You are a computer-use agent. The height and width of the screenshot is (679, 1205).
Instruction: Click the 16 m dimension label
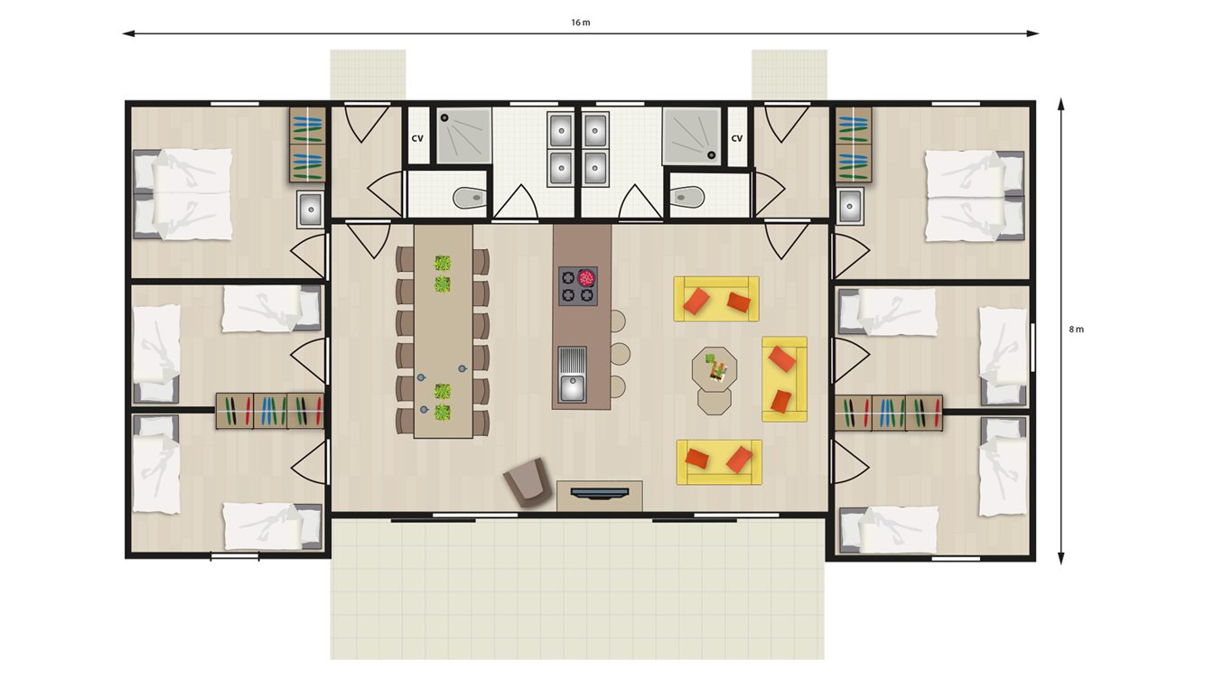tap(581, 23)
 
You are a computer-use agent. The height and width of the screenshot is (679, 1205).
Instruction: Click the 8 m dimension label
tap(1076, 329)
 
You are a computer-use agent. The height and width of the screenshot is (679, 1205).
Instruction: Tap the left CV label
tap(417, 138)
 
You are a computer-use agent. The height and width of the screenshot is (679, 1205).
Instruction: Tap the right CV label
tap(736, 138)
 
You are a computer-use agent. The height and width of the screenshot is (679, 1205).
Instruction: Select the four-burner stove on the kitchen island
tap(578, 286)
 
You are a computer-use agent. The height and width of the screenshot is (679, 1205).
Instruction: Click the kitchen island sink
tap(572, 375)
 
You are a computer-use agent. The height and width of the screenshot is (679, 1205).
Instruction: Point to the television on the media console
tap(599, 492)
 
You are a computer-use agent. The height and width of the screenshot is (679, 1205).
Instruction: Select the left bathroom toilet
tap(470, 198)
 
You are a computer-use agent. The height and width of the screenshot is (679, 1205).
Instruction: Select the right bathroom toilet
tap(687, 197)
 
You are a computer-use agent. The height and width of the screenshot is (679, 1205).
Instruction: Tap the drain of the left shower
tap(444, 116)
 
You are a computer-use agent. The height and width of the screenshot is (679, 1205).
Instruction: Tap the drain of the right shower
tap(711, 154)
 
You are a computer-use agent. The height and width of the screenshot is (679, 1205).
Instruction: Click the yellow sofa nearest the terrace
tap(719, 462)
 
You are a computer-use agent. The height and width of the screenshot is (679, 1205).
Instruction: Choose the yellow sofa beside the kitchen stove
tap(716, 299)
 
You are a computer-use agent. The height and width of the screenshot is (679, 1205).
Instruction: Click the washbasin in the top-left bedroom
tap(310, 209)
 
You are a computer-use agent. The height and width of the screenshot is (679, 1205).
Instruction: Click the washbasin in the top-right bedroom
tap(850, 206)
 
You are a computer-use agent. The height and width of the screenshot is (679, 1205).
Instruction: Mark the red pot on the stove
tap(586, 277)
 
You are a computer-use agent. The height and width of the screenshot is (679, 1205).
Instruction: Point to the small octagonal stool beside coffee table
tap(715, 401)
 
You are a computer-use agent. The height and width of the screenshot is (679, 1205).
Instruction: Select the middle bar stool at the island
tap(619, 354)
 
